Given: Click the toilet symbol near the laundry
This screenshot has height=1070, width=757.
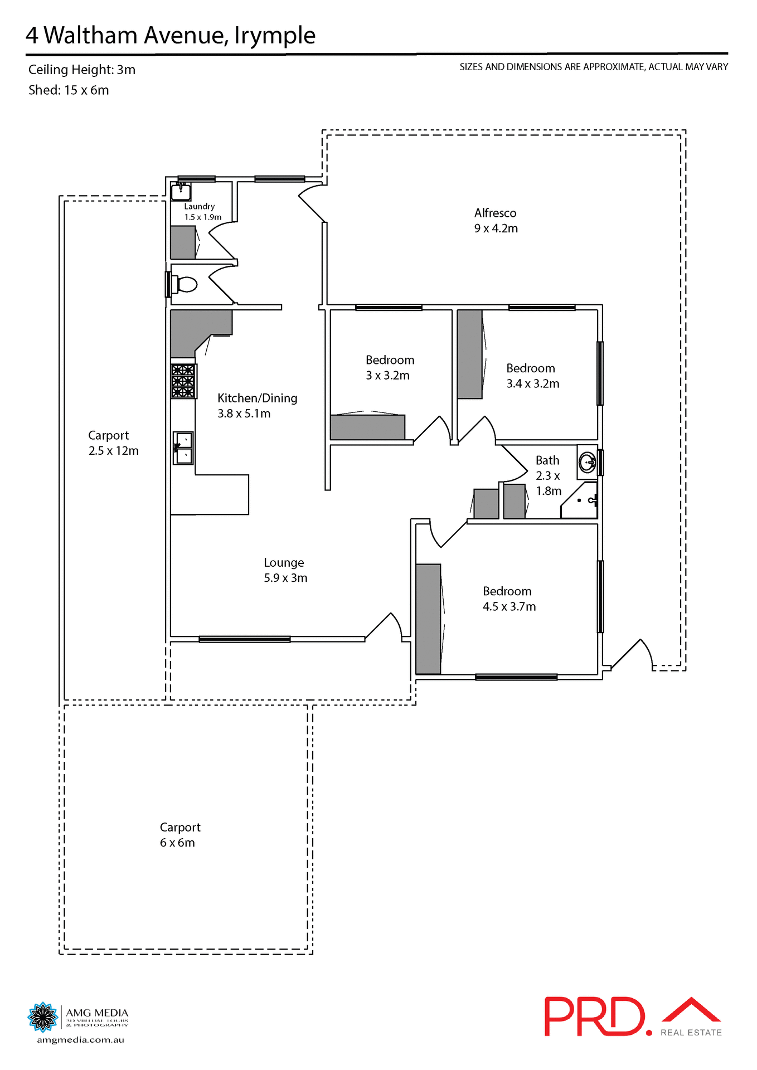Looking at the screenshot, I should [186, 284].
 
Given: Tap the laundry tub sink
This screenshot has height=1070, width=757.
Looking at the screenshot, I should [181, 192].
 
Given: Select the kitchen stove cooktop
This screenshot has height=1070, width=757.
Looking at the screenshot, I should [183, 381].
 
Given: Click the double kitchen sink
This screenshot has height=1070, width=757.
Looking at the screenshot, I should [183, 448].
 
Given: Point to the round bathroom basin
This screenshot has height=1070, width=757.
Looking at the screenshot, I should [587, 463].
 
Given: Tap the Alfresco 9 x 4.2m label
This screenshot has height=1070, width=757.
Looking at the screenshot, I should [496, 221].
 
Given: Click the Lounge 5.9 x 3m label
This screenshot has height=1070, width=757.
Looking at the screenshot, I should [285, 570].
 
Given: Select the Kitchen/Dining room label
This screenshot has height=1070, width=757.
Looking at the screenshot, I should [257, 405].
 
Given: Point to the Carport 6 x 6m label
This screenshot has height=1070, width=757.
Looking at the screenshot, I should [179, 835].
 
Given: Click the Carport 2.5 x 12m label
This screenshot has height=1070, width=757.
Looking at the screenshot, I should [113, 443].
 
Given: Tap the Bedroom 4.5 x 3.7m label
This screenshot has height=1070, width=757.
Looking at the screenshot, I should [508, 599].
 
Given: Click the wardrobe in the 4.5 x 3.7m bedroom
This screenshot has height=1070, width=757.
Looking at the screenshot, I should [428, 619].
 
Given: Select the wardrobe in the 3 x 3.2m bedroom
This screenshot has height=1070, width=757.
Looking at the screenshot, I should [367, 427].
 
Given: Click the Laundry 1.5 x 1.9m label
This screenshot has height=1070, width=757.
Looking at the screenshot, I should [202, 212].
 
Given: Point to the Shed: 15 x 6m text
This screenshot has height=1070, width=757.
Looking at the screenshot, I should [69, 90].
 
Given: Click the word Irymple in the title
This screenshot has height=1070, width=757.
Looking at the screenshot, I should [274, 35].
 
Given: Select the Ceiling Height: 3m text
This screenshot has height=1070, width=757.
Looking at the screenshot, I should [82, 70].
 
